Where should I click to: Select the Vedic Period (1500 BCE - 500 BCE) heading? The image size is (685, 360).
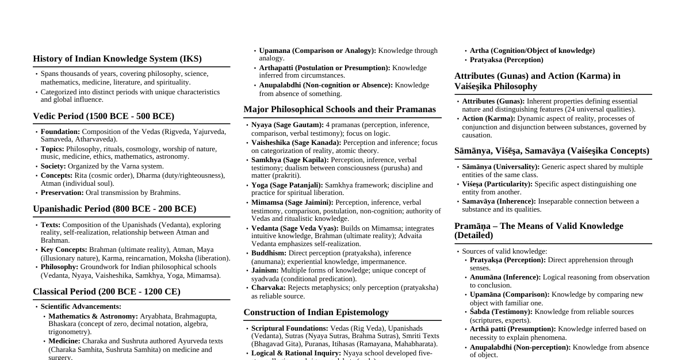click(104, 116)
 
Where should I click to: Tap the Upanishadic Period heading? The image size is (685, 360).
click(114, 209)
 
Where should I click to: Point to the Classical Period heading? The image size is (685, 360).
click(106, 292)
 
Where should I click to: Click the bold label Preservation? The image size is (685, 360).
click(62, 193)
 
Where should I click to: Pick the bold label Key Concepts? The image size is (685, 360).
click(64, 250)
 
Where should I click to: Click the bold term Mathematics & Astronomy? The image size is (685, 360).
click(93, 316)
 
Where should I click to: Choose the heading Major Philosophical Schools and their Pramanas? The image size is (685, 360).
click(339, 109)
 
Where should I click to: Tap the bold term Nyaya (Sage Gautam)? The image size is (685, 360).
click(288, 125)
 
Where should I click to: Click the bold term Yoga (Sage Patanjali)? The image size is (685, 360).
click(287, 185)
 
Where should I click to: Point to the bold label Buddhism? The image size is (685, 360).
click(269, 253)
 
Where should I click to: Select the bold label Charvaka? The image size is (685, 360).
click(269, 288)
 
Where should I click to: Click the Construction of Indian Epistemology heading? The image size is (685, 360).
click(316, 312)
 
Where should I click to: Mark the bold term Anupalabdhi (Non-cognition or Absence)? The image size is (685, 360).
click(326, 85)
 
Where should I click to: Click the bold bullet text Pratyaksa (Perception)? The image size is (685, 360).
click(506, 60)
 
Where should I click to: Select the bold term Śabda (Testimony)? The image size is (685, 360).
click(501, 312)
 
